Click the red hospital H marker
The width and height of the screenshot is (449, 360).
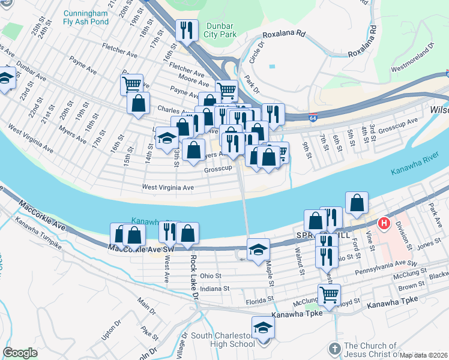(x=382, y=224)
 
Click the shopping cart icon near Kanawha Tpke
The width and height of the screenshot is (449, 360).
(x=329, y=295)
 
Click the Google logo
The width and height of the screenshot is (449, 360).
(x=20, y=352)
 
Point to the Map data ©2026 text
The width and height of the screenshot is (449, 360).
(x=424, y=355)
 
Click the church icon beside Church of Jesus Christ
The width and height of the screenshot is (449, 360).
(x=335, y=349)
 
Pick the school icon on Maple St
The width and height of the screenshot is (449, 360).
(x=258, y=249)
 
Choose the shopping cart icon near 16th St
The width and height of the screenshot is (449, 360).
(x=131, y=83)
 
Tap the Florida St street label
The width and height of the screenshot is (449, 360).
(x=259, y=298)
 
